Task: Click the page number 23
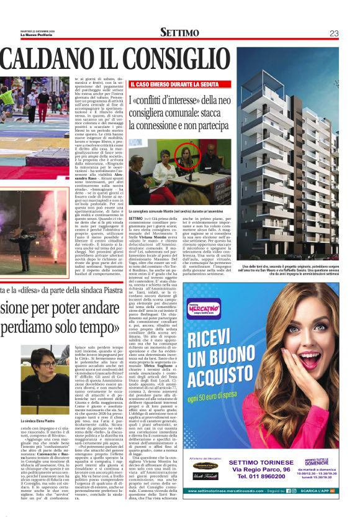click(333, 33)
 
